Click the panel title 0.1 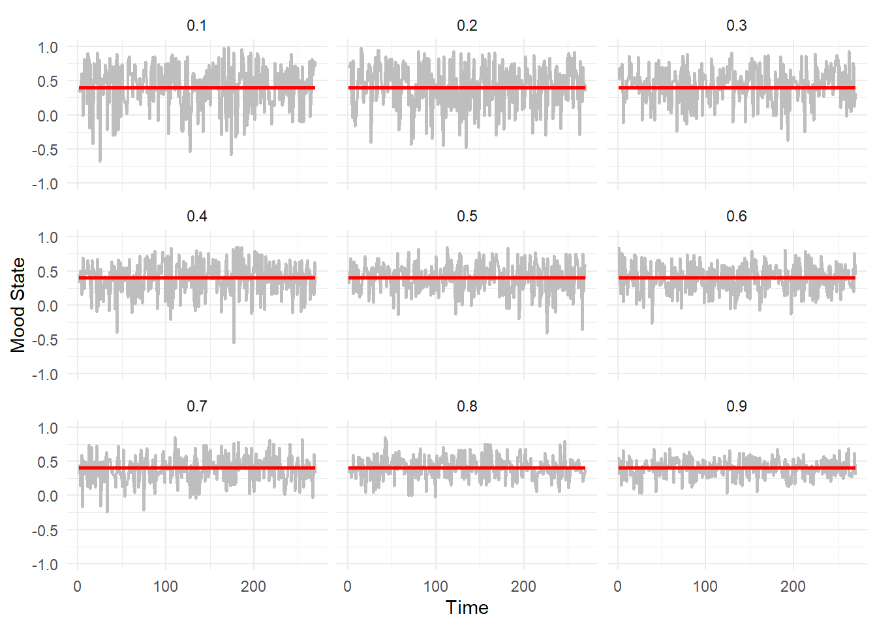coord(196,25)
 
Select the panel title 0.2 coord(467,25)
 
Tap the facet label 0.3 coord(737,25)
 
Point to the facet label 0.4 coord(196,216)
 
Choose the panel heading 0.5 coord(467,216)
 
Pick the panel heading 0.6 coord(737,216)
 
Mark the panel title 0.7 coord(196,406)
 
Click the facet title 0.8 coord(467,406)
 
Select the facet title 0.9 coord(737,406)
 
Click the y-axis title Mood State coord(18,305)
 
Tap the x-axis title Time coord(467,607)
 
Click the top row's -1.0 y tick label coord(45,184)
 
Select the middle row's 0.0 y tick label coord(48,306)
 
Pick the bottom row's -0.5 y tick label coord(45,530)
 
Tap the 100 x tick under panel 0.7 coord(165,587)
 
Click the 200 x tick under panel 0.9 coord(793,587)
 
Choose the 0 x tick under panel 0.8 coord(348,587)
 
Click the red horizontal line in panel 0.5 coord(467,278)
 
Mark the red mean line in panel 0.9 coord(737,468)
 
